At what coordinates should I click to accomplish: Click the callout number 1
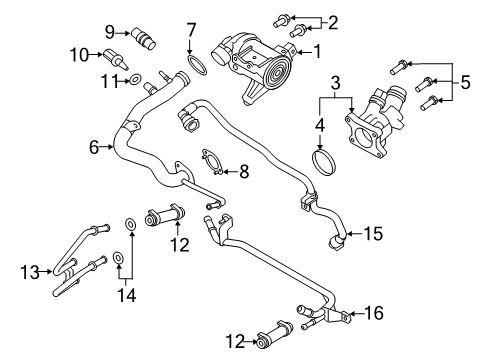317,52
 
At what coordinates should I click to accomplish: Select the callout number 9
110,32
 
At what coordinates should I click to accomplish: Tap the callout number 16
374,313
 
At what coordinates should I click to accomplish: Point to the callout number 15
373,233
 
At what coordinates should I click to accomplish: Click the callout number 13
30,272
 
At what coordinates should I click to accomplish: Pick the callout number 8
244,172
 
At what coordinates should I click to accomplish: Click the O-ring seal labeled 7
198,65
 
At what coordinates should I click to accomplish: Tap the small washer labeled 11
135,79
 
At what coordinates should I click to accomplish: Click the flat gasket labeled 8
212,162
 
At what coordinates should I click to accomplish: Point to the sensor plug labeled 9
144,38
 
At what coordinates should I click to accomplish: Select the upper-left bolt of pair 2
280,20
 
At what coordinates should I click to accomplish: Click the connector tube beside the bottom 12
275,335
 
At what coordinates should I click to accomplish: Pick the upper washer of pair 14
130,224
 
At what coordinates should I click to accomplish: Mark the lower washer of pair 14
118,257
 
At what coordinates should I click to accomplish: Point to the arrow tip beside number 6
114,146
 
